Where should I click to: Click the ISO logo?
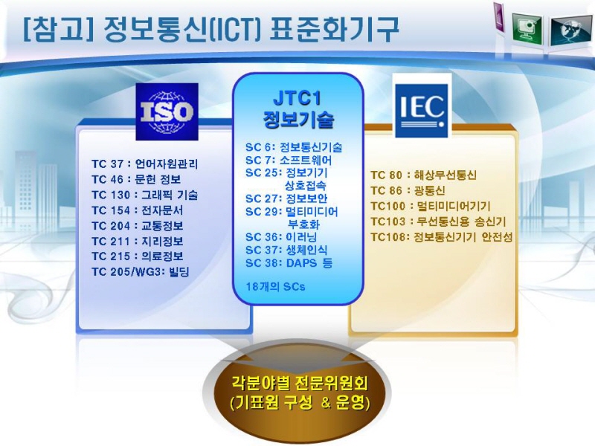tap(167, 111)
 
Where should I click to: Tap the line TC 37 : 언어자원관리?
tap(144, 164)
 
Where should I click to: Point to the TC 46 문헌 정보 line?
tap(136, 179)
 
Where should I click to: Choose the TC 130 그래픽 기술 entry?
tap(144, 195)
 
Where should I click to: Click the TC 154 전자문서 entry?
tap(138, 210)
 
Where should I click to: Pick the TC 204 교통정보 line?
tap(138, 226)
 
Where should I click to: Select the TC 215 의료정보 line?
tap(138, 256)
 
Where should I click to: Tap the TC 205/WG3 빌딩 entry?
tap(140, 272)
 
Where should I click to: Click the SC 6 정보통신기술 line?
tap(294, 147)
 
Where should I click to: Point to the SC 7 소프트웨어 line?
tap(289, 160)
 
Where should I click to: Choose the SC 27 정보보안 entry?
tap(286, 198)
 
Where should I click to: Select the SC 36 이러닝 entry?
tap(281, 237)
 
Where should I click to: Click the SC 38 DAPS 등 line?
tap(289, 263)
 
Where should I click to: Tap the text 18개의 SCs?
tap(275, 287)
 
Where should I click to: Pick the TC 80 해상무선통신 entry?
tap(423, 175)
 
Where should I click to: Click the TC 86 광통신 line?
tap(408, 190)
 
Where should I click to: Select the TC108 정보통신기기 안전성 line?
tap(441, 237)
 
